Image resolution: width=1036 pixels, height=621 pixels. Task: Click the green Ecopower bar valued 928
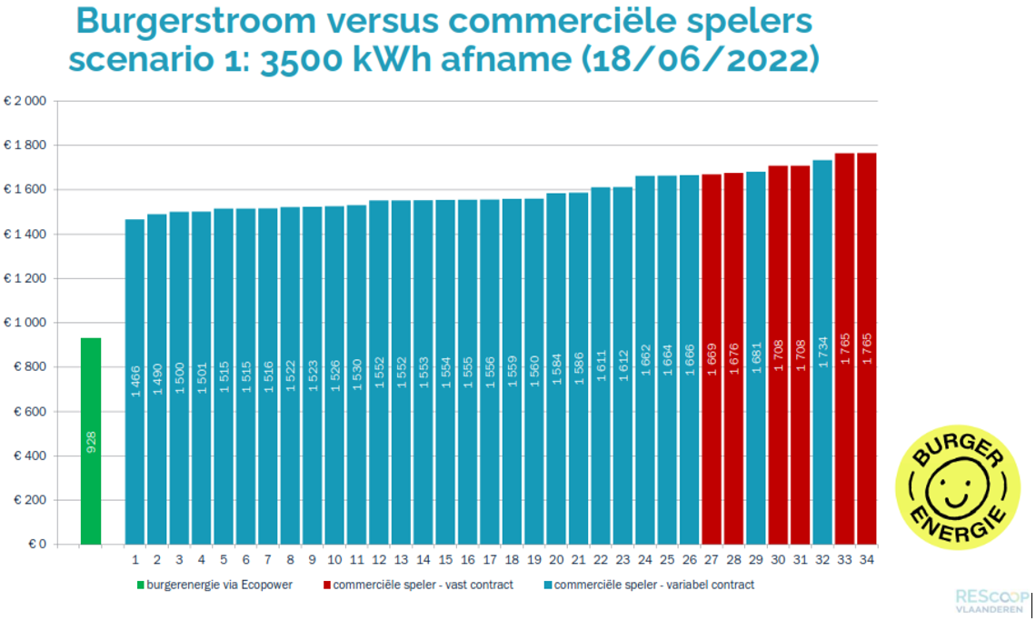pos(91,441)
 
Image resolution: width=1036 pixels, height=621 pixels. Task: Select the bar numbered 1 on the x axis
pos(134,382)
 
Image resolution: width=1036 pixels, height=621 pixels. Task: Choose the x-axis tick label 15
pos(445,560)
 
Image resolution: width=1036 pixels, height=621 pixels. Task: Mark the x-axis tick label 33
pos(845,560)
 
